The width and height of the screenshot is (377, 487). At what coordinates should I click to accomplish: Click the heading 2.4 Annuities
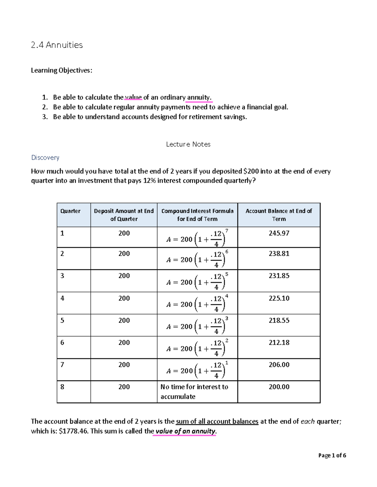[x=57, y=45]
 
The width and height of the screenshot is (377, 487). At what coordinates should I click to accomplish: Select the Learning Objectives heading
[x=62, y=70]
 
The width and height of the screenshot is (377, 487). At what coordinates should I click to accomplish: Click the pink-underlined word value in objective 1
[x=134, y=97]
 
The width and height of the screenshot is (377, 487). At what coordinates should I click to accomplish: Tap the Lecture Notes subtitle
[x=188, y=144]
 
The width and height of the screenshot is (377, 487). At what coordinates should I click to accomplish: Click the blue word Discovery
[x=45, y=157]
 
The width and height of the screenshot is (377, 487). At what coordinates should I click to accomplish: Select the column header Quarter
[x=70, y=211]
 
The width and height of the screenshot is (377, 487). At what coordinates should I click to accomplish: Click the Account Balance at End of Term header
[x=279, y=215]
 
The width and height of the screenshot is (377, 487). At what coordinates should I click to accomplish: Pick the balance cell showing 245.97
[x=279, y=233]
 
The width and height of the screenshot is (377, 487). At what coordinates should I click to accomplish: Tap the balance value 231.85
[x=279, y=276]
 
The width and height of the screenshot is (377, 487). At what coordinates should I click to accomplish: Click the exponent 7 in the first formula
[x=227, y=231]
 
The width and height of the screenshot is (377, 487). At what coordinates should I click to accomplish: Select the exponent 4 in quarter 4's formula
[x=227, y=296]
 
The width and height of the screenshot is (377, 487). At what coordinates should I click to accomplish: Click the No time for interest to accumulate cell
[x=194, y=391]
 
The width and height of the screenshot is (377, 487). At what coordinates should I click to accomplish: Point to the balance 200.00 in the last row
[x=279, y=387]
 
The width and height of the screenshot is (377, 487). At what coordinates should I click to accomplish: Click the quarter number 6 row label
[x=62, y=343]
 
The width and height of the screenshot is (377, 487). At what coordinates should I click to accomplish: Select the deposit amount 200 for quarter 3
[x=124, y=276]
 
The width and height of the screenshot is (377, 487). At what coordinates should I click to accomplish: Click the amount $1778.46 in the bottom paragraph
[x=74, y=431]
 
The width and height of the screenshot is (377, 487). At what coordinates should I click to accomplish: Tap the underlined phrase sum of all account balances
[x=217, y=421]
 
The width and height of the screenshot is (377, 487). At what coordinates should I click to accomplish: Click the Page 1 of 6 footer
[x=332, y=455]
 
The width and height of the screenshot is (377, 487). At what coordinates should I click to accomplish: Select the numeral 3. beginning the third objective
[x=45, y=117]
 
